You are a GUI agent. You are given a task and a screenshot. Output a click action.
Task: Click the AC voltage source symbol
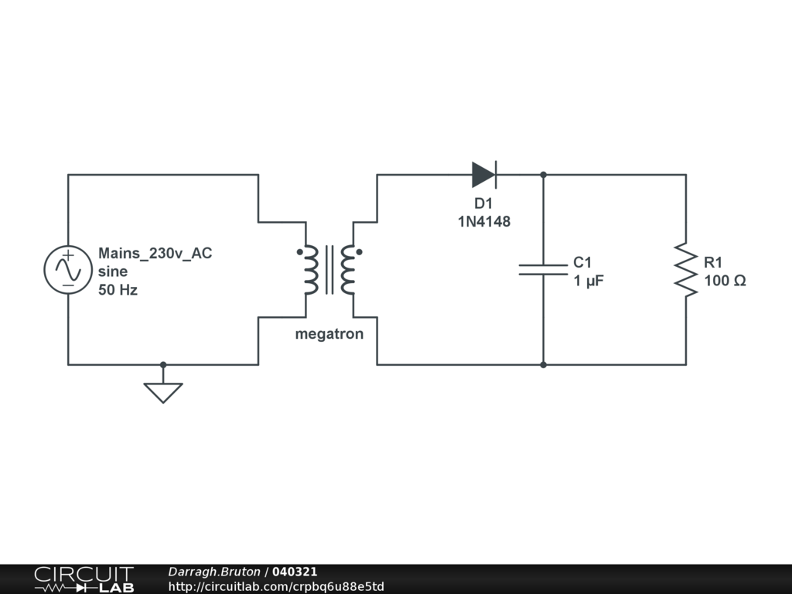[68, 270]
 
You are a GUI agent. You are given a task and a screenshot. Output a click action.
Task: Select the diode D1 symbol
[484, 175]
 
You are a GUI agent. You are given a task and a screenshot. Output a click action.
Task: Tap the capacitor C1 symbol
[543, 269]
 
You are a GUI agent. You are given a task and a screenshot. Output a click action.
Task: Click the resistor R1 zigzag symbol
[685, 269]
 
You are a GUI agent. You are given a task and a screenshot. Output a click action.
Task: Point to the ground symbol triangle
[163, 391]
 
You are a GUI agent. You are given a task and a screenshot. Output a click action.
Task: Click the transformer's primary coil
[311, 270]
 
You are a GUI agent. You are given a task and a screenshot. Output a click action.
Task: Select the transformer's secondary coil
[347, 270]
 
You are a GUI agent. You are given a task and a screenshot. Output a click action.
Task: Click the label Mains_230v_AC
[155, 253]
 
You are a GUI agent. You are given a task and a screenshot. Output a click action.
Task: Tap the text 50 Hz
[118, 291]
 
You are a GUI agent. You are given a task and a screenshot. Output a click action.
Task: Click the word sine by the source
[113, 272]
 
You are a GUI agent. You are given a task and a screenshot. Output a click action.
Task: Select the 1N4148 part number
[484, 222]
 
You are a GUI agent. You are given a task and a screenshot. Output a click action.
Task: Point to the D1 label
[483, 204]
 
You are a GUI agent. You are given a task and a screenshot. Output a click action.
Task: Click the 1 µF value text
[589, 281]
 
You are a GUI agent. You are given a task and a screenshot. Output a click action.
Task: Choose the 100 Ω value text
[725, 281]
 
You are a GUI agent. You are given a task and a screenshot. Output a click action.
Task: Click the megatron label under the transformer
[329, 335]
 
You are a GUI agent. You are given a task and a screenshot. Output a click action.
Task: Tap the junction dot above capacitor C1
[543, 175]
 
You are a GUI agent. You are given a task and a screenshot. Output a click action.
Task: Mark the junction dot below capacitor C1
[543, 364]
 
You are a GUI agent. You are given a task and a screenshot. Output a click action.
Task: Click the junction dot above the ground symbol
[163, 364]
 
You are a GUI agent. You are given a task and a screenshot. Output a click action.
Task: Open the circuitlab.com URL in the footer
[276, 587]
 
